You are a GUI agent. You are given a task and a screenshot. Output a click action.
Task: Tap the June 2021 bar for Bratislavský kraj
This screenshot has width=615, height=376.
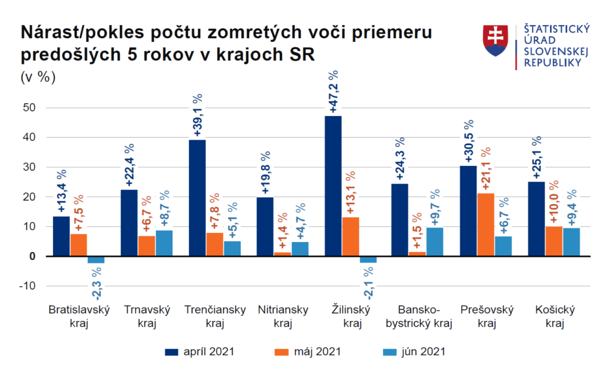pyautogui.click(x=96, y=259)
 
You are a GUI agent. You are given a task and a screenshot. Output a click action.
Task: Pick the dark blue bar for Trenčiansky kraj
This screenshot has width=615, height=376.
pyautogui.click(x=197, y=198)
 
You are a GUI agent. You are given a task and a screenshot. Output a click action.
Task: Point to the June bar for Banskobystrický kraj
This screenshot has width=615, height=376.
pyautogui.click(x=435, y=241)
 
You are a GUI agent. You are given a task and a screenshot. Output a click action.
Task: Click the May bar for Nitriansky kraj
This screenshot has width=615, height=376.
pyautogui.click(x=282, y=254)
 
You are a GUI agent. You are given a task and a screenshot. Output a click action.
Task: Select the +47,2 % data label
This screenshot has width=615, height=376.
pyautogui.click(x=333, y=91)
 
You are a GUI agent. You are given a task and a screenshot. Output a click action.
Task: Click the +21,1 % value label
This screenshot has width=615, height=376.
pyautogui.click(x=486, y=169)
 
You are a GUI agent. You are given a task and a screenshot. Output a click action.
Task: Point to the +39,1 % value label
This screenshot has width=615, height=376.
pyautogui.click(x=197, y=115)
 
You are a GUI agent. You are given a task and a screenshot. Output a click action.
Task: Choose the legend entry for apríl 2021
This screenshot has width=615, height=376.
pyautogui.click(x=199, y=352)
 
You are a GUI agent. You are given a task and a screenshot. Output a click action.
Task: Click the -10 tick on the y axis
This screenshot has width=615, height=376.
pyautogui.click(x=26, y=286)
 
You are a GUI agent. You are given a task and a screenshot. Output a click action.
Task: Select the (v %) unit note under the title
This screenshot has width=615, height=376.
pyautogui.click(x=39, y=77)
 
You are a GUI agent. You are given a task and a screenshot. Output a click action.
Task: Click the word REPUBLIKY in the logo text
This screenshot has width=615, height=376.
pyautogui.click(x=553, y=62)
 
